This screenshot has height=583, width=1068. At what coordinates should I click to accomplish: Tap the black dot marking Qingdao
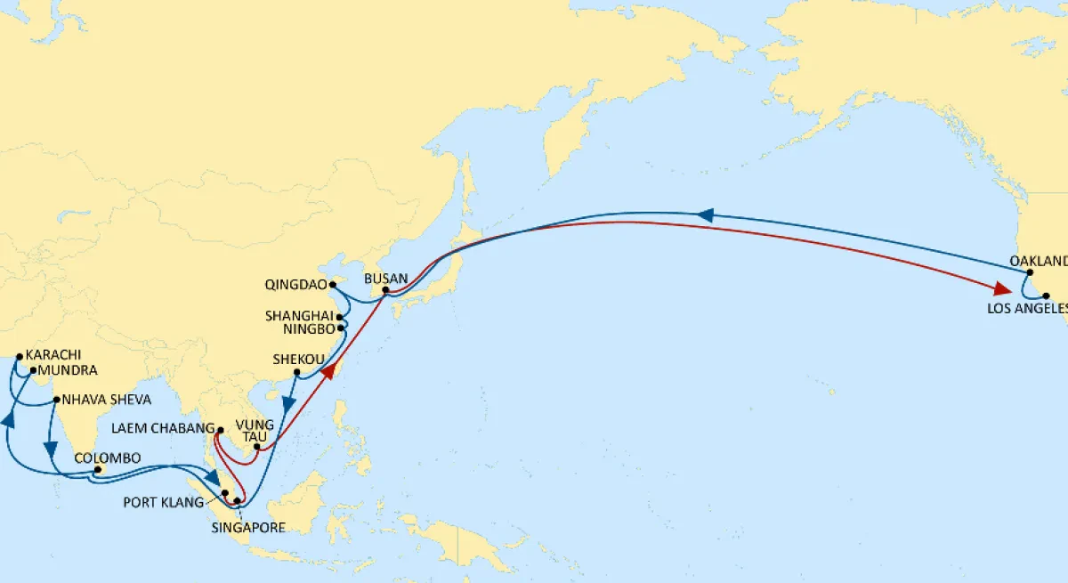click(332, 286)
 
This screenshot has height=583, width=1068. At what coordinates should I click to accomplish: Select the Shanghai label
click(300, 316)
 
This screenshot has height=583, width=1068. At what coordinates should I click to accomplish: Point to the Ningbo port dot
click(341, 328)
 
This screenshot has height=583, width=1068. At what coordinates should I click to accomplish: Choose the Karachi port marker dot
click(19, 356)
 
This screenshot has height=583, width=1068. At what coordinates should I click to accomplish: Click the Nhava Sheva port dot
click(55, 400)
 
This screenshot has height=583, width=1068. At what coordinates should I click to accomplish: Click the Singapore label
click(248, 528)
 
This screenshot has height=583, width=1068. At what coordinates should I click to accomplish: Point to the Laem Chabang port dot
click(219, 431)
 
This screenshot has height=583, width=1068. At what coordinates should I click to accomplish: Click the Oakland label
click(1038, 261)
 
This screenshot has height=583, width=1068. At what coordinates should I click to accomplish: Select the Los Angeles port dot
click(1033, 295)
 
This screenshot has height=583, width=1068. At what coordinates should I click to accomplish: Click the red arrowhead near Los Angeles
click(1003, 289)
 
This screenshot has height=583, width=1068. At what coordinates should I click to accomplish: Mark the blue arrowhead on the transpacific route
click(705, 215)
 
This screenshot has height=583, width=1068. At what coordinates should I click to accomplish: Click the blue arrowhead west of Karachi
click(9, 417)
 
